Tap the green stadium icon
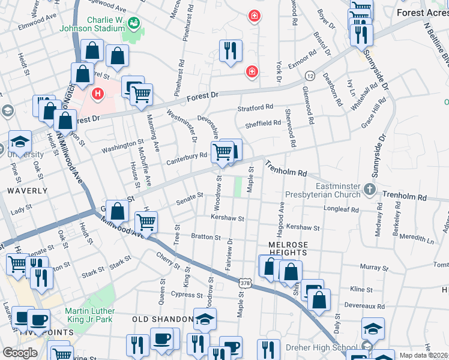[133, 22]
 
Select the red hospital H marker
[97, 94]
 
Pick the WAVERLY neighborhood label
[27, 190]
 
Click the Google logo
[20, 353]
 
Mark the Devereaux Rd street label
[367, 305]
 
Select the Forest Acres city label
[421, 11]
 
